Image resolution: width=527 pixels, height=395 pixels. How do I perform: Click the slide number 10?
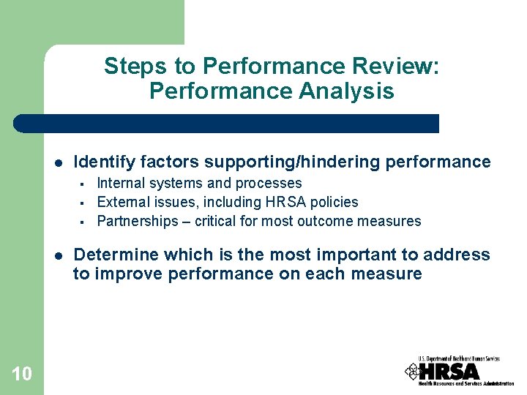click(22, 374)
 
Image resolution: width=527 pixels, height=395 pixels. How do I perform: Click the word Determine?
click(116, 255)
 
